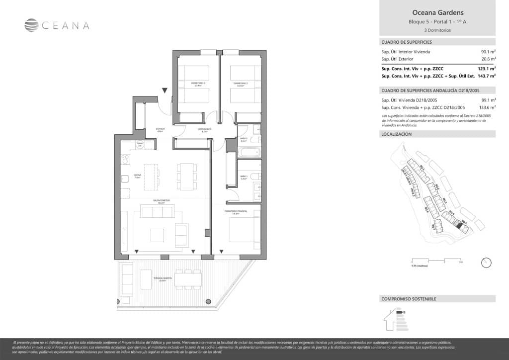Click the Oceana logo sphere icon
click(31, 25)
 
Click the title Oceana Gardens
click(437, 12)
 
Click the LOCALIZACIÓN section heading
click(396, 134)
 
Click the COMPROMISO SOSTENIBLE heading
click(408, 299)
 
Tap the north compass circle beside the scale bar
click(486, 262)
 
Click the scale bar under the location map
click(437, 260)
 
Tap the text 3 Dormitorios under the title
click(437, 30)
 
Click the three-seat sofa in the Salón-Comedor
click(158, 212)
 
